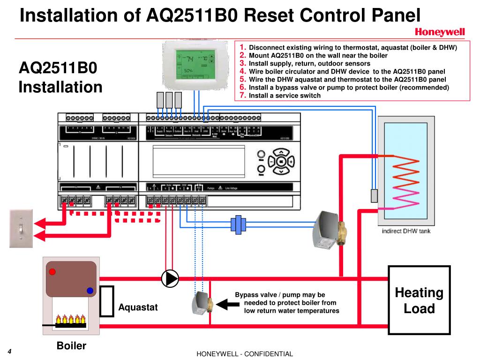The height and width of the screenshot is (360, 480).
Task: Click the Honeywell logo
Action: point(439,32)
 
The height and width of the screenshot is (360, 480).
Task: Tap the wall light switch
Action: point(21,228)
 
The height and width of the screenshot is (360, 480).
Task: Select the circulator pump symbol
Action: point(170,278)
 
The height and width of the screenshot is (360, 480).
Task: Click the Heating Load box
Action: point(419,300)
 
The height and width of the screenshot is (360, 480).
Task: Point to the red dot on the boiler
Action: point(53,272)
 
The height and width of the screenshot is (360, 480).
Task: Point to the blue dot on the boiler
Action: point(90,291)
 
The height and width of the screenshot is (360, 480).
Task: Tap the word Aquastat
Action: point(138,307)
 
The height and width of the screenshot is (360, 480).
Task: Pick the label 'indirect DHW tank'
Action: point(406,231)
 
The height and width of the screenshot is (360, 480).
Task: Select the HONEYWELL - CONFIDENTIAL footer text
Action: point(244,354)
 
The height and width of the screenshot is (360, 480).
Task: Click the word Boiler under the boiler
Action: point(71,346)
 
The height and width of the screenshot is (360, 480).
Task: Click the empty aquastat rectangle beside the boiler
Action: point(107,300)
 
